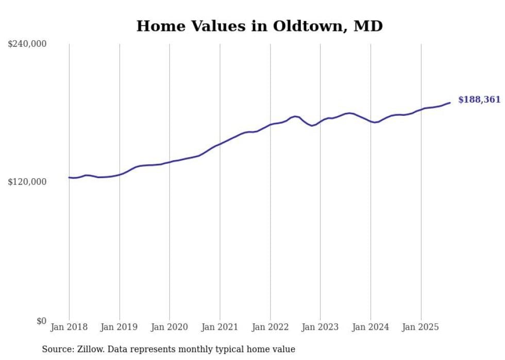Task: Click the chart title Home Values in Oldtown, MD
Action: [x=259, y=26]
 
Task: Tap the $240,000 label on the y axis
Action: [x=27, y=44]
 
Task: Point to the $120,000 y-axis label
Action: [x=27, y=182]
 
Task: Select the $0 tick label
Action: [x=41, y=321]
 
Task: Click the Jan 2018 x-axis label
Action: [x=69, y=327]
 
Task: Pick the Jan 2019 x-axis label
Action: [x=120, y=327]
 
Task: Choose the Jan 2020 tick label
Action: [x=170, y=327]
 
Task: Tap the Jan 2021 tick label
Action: [x=220, y=327]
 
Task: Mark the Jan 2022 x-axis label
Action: [x=270, y=327]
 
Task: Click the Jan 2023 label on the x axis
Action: [x=321, y=327]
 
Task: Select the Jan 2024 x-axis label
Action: [x=371, y=327]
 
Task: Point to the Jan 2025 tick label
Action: [x=421, y=327]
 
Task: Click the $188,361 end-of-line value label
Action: [x=479, y=100]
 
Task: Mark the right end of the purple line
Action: [x=450, y=102]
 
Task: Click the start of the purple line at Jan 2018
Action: [x=70, y=177]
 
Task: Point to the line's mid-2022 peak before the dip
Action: [x=295, y=116]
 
